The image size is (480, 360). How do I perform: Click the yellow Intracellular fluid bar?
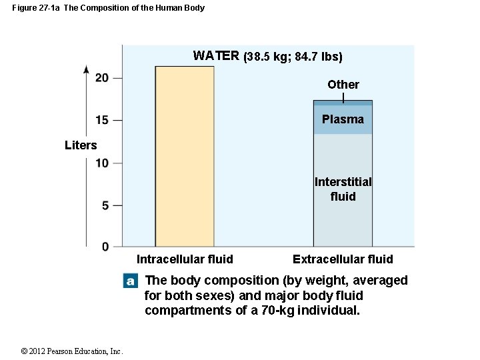(x=185, y=157)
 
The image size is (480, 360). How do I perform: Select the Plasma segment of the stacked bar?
(x=343, y=120)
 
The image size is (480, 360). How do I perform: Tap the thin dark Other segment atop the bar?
(x=343, y=103)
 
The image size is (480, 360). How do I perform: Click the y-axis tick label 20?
(x=102, y=78)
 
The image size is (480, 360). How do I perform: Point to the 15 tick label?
(x=102, y=120)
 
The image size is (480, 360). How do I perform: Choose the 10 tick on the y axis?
(x=102, y=163)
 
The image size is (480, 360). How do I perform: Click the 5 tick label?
(x=105, y=205)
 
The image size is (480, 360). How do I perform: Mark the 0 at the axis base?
(x=105, y=247)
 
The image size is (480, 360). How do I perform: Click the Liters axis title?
(x=81, y=145)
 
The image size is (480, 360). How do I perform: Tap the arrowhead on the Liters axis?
(x=86, y=69)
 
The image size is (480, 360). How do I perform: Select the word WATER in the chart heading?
(x=216, y=56)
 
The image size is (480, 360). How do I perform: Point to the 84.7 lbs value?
(x=317, y=57)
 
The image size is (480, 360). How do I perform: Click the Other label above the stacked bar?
(x=343, y=85)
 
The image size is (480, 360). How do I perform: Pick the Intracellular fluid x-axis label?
(x=185, y=259)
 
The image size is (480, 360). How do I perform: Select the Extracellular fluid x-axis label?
(x=343, y=259)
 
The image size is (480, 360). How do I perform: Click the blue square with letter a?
(x=131, y=281)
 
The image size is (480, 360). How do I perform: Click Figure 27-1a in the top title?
(x=36, y=8)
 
